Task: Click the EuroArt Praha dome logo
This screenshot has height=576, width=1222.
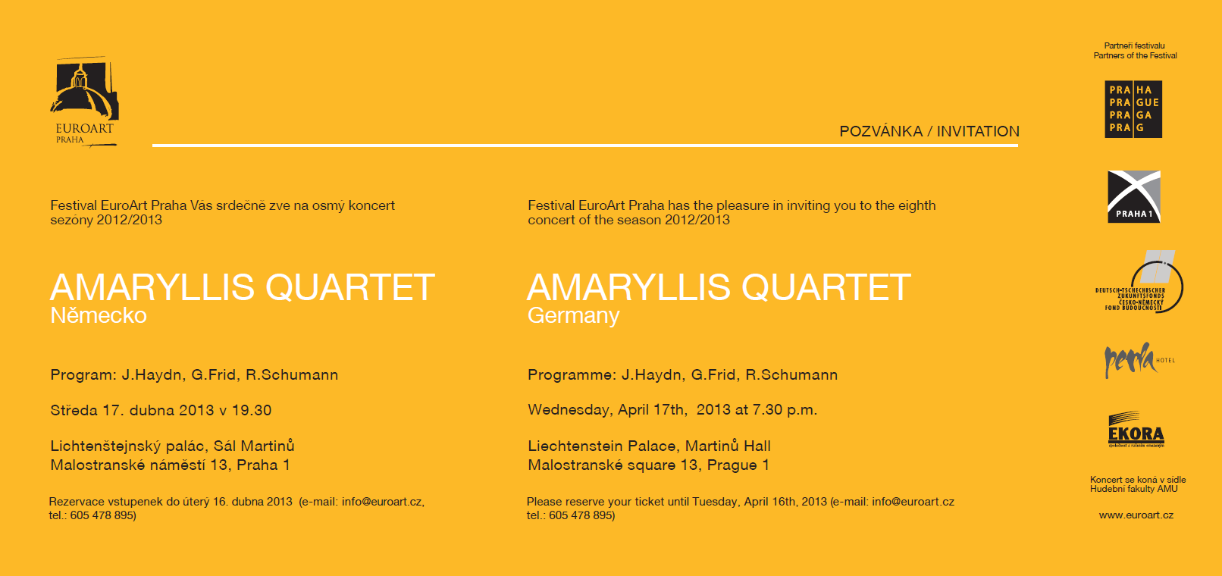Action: point(85,102)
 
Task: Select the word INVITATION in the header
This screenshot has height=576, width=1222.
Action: point(978,131)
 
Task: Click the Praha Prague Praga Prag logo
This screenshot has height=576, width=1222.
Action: point(1133,109)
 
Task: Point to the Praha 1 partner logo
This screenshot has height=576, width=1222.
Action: point(1133,197)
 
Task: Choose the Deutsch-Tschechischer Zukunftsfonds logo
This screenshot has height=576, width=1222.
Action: point(1139,282)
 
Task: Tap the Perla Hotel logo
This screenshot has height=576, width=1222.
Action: point(1139,360)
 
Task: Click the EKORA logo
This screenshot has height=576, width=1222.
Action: point(1136,430)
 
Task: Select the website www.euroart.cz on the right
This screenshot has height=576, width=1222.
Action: point(1136,515)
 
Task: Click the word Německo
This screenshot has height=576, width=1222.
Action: point(99,315)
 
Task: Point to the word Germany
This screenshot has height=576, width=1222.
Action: point(573,316)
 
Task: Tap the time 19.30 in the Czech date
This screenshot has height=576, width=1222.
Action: point(252,410)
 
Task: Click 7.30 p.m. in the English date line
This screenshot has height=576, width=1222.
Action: point(785,409)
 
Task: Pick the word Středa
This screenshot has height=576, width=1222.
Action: point(74,409)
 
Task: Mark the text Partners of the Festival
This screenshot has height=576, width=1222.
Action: point(1136,55)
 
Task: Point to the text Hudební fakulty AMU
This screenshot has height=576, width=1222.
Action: point(1134,490)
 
